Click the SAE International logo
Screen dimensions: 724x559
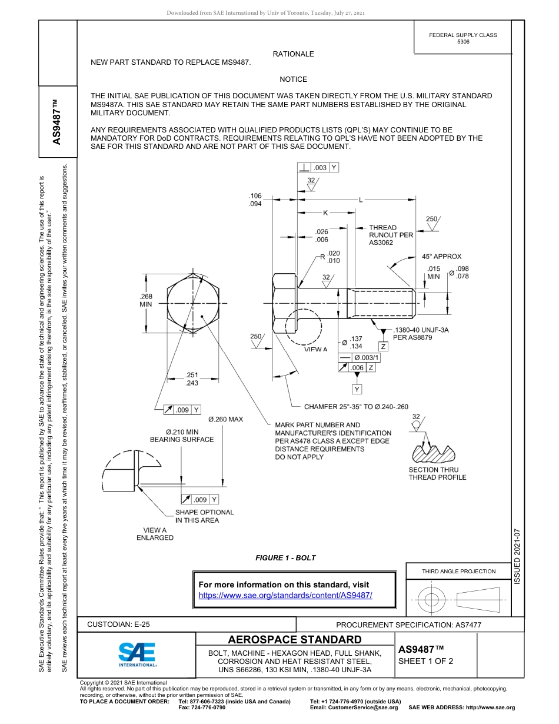point(137,654)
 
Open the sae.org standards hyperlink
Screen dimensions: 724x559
point(285,595)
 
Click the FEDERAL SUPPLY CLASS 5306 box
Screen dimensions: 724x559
point(462,38)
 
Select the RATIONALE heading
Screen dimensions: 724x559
point(293,54)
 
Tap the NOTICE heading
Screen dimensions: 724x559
point(293,79)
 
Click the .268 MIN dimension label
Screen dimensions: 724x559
point(145,300)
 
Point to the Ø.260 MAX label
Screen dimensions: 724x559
point(225,419)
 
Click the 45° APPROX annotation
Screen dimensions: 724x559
point(441,257)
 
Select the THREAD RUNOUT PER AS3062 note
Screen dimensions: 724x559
point(391,235)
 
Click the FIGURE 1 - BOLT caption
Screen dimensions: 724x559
point(285,558)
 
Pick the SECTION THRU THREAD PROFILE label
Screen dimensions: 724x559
point(434,473)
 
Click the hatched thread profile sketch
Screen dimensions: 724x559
point(434,452)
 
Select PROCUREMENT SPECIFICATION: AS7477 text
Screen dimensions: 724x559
point(408,625)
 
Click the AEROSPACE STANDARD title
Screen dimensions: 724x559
point(295,640)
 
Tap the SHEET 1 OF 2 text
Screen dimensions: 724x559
point(425,660)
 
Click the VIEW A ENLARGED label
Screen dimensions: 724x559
point(155,533)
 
